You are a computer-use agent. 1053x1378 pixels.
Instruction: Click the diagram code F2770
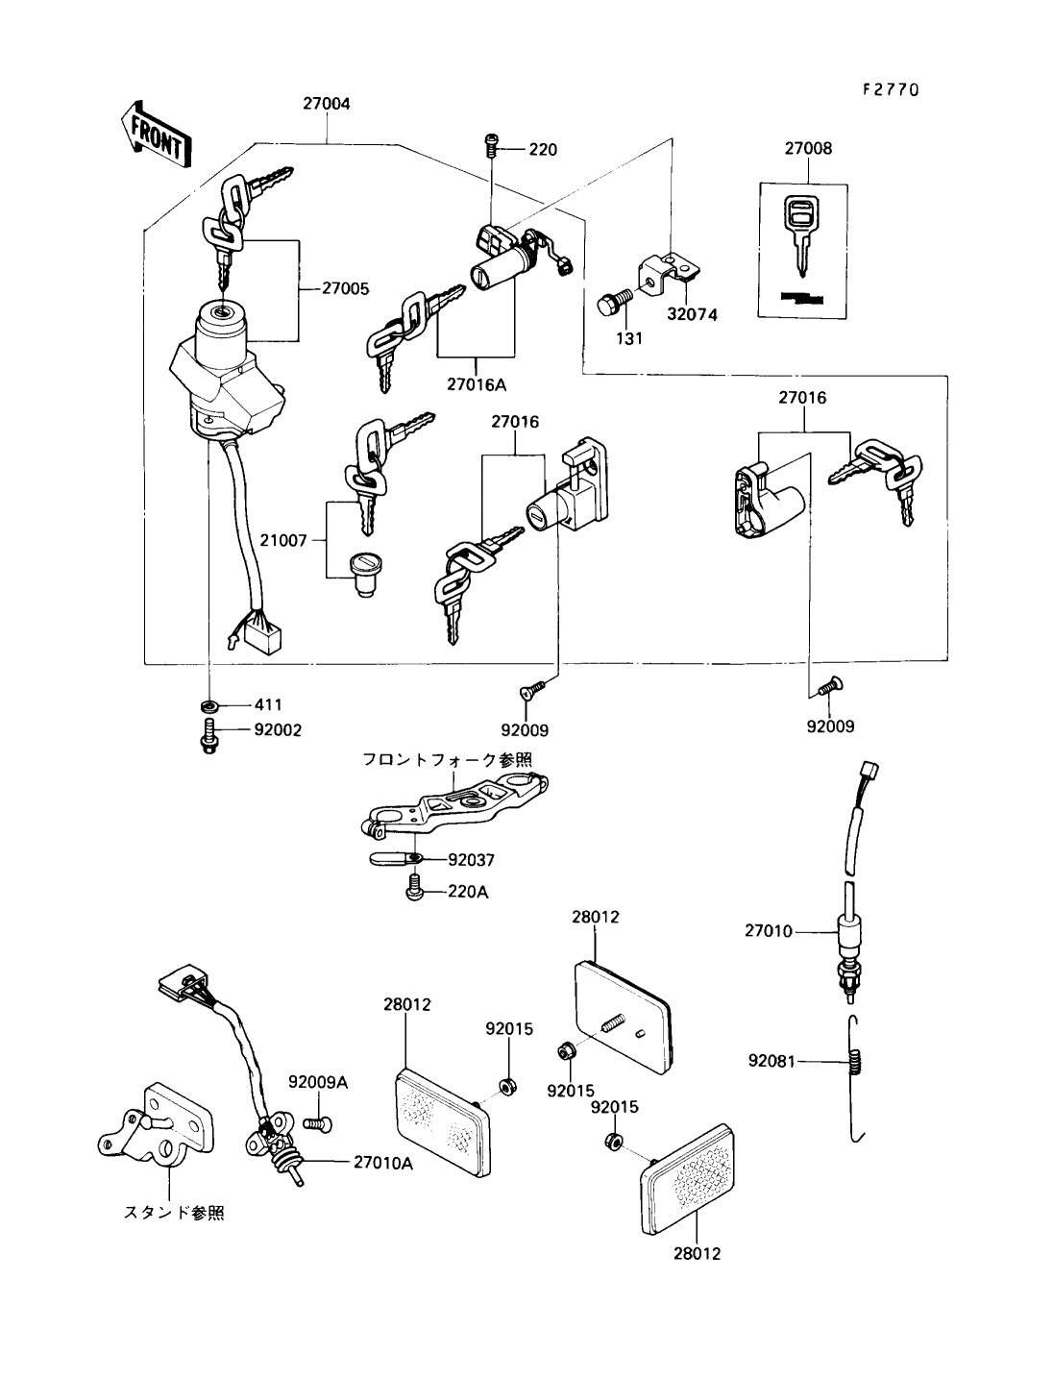pyautogui.click(x=890, y=89)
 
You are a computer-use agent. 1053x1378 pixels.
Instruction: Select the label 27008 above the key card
pyautogui.click(x=807, y=149)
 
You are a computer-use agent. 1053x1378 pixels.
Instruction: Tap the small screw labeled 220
pyautogui.click(x=492, y=145)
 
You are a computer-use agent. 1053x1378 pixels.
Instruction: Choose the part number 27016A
pyautogui.click(x=475, y=384)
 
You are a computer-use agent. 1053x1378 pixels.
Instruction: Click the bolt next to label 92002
pyautogui.click(x=208, y=740)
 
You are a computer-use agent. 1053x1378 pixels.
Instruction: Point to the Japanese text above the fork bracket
pyautogui.click(x=447, y=758)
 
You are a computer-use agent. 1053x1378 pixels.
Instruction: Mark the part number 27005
pyautogui.click(x=344, y=287)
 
